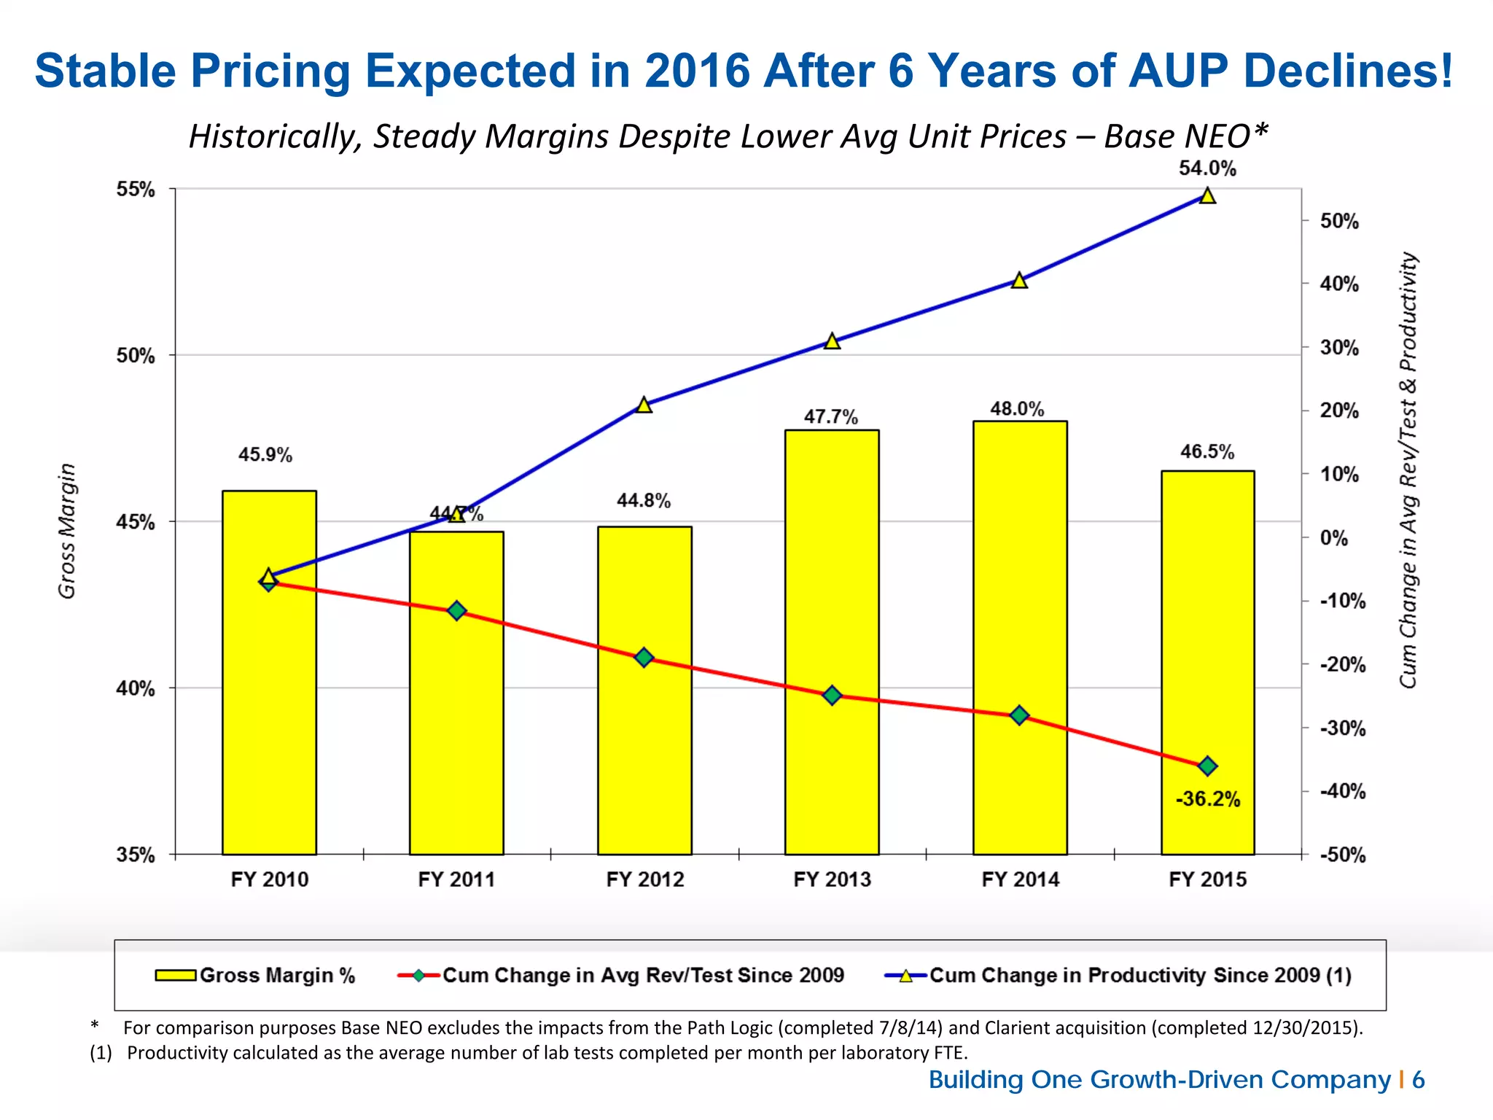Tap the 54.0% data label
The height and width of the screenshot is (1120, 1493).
[x=1207, y=168]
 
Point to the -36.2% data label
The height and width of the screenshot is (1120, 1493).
[x=1207, y=799]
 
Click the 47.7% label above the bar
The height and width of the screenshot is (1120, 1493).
[x=831, y=417]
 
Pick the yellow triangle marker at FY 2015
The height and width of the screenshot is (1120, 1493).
[x=1207, y=196]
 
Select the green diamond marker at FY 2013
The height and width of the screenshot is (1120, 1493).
[x=832, y=696]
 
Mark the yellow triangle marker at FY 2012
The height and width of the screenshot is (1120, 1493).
[x=644, y=405]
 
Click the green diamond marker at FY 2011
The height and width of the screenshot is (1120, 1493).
[x=456, y=610]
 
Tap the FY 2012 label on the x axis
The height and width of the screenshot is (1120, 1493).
[x=645, y=879]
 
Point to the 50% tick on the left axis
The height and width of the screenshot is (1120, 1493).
[x=136, y=356]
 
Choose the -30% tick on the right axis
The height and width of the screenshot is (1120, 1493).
[x=1343, y=728]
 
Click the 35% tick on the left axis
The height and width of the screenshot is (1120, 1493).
[x=136, y=855]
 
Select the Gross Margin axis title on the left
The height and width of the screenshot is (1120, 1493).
[x=67, y=531]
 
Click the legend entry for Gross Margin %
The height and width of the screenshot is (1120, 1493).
[x=255, y=976]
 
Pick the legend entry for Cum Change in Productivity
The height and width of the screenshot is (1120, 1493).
[x=1118, y=976]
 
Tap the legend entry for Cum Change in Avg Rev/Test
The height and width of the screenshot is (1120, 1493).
[x=621, y=976]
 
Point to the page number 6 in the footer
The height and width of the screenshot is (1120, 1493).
[x=1418, y=1080]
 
